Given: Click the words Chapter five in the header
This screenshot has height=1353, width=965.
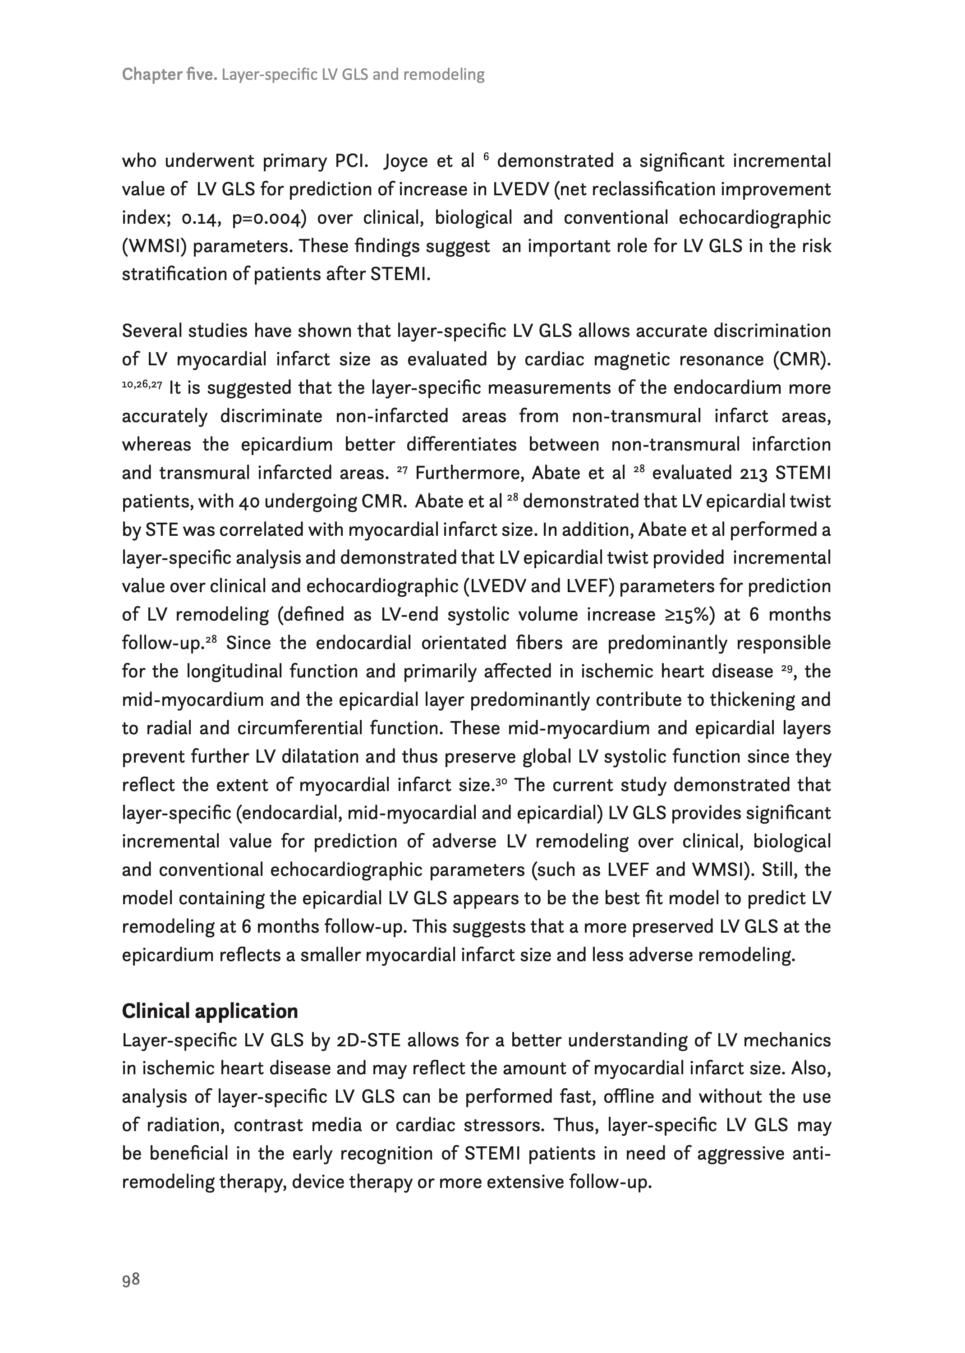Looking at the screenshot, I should click(x=169, y=75).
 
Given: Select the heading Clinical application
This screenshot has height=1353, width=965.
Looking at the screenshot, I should click(x=210, y=1011).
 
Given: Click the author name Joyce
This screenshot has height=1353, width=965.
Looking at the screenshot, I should click(x=405, y=161).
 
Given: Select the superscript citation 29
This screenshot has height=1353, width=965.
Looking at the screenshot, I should click(x=786, y=669).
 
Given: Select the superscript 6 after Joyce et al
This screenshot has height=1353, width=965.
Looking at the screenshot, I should click(x=486, y=157).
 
